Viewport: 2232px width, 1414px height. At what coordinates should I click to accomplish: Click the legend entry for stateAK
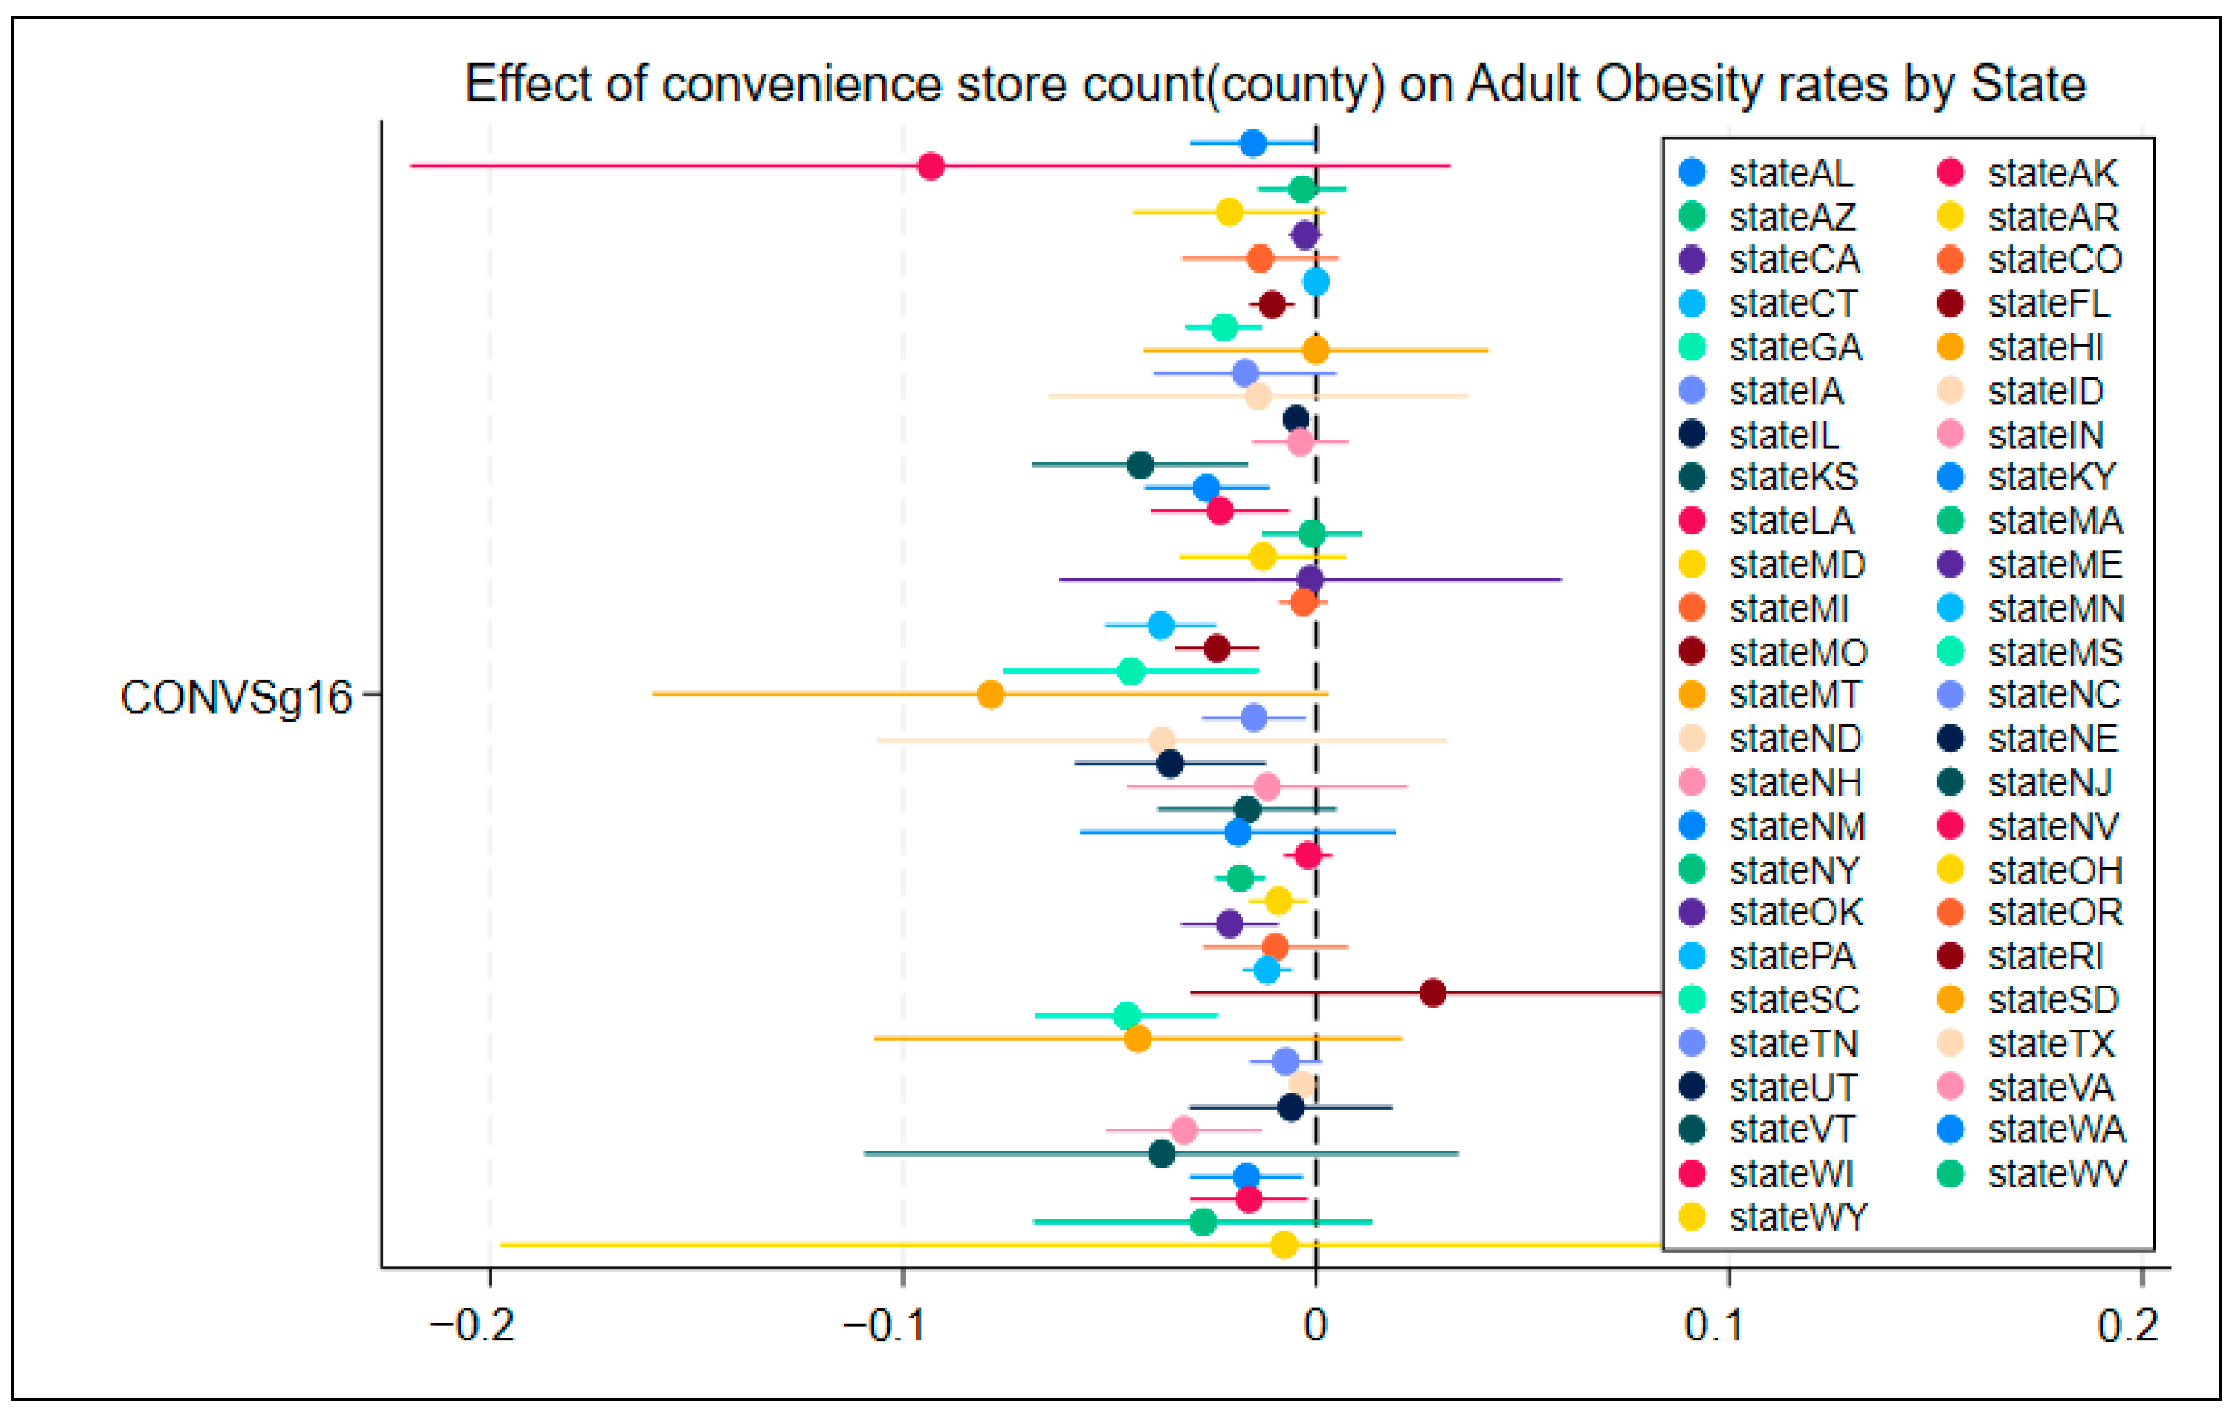pyautogui.click(x=2027, y=173)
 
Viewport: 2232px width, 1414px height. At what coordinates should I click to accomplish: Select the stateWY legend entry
pyautogui.click(x=1773, y=1217)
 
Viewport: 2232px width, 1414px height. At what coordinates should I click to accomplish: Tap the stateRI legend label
pyautogui.click(x=2020, y=956)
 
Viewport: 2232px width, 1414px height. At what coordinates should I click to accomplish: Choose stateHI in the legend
pyautogui.click(x=2020, y=348)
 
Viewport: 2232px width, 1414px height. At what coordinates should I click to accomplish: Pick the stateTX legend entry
pyautogui.click(x=2026, y=1044)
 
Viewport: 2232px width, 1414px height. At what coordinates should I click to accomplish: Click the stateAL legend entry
pyautogui.click(x=1766, y=173)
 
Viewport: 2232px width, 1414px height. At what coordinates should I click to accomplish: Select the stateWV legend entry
pyautogui.click(x=2032, y=1174)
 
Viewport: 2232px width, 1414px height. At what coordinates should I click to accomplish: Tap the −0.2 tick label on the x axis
pyautogui.click(x=472, y=1327)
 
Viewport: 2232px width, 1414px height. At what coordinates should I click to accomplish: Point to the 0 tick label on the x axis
pyautogui.click(x=1316, y=1327)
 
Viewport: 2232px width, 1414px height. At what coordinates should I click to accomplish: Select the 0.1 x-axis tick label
pyautogui.click(x=1714, y=1327)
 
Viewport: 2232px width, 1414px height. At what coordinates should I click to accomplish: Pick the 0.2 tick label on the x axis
pyautogui.click(x=2128, y=1327)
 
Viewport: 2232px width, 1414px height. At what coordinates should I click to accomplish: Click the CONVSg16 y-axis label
pyautogui.click(x=236, y=698)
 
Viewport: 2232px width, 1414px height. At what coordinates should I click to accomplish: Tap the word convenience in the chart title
pyautogui.click(x=803, y=85)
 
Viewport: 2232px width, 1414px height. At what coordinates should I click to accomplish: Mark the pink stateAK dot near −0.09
pyautogui.click(x=931, y=167)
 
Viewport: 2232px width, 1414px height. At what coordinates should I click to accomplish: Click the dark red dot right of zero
pyautogui.click(x=1433, y=993)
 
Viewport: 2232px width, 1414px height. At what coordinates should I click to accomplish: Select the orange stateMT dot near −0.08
pyautogui.click(x=991, y=695)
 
